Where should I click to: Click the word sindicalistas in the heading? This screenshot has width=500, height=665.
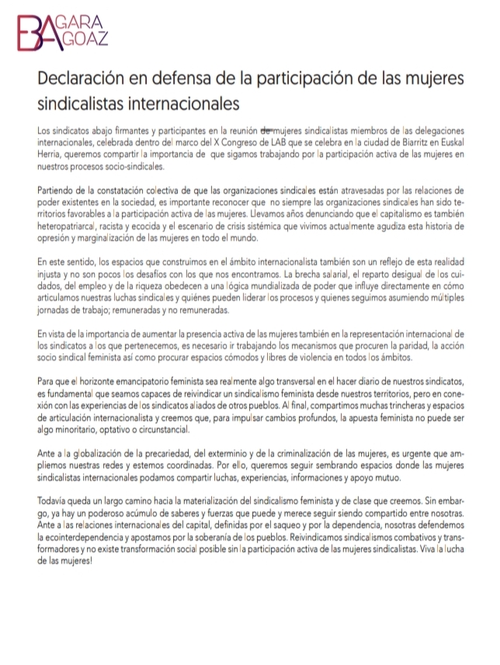[x=83, y=102]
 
